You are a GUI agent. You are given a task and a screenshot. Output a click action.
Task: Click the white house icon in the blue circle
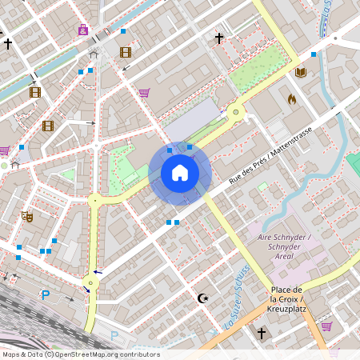pos(180,173)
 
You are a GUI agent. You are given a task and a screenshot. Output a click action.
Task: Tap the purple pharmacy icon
pos(83,30)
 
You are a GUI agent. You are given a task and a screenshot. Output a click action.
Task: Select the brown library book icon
pos(301,73)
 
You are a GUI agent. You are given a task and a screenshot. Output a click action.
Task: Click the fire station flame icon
pos(291,100)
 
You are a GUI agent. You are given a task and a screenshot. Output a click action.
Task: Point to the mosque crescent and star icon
pos(203,298)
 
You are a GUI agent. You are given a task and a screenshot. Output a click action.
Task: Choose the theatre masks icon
pos(27,216)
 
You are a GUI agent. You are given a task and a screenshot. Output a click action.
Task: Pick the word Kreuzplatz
pos(286,308)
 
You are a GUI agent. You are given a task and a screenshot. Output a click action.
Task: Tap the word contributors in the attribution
pos(141,354)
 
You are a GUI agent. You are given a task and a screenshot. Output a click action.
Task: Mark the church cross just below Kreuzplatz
pos(261,332)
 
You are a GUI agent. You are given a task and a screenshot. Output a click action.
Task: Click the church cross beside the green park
pos(218,38)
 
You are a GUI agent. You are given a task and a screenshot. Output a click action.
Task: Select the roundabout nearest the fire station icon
pos(235,112)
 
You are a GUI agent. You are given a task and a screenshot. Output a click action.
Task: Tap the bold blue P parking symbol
pos(46,294)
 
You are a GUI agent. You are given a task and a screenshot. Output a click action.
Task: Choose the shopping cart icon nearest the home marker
pos(144,92)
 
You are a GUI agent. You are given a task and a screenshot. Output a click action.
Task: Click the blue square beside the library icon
pos(313,54)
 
